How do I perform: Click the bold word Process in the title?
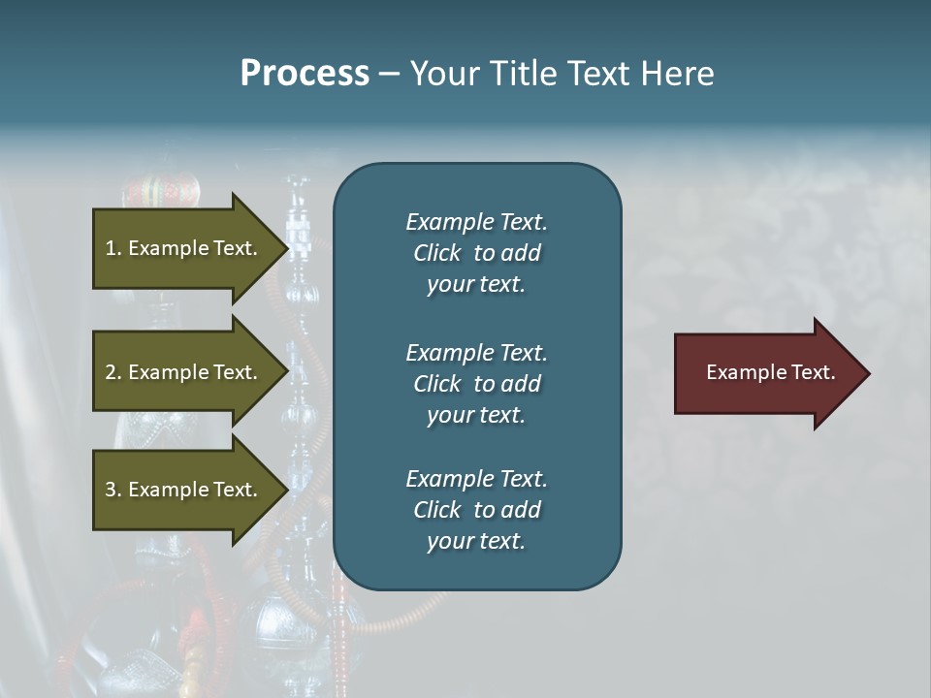[305, 74]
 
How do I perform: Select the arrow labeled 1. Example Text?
[184, 248]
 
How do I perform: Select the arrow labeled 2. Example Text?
[184, 372]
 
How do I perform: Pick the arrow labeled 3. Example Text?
[184, 490]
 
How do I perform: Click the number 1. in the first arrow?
[113, 248]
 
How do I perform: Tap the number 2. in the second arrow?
[113, 372]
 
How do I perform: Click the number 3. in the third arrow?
[113, 490]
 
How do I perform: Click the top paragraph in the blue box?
[476, 253]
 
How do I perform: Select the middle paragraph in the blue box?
[476, 384]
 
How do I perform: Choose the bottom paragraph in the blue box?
[476, 510]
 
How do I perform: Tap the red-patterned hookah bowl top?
[163, 186]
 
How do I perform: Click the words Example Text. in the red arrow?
[770, 373]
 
